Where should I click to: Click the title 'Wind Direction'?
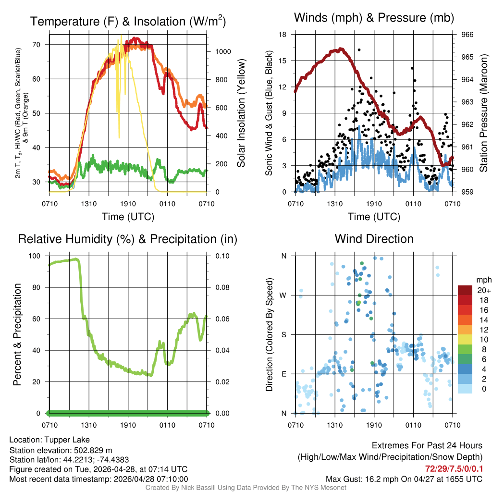(x=374, y=239)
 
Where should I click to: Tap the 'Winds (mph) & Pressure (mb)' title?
(x=374, y=18)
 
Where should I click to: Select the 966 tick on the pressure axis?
(x=467, y=35)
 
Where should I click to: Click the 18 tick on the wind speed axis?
(x=283, y=35)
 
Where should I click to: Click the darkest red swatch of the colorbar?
(x=465, y=290)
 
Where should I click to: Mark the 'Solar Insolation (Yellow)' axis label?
(x=241, y=114)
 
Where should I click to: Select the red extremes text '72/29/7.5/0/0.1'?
(x=454, y=469)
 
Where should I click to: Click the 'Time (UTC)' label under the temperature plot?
(x=128, y=217)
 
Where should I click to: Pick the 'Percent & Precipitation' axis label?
(x=17, y=334)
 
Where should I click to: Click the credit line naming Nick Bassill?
(x=246, y=487)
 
